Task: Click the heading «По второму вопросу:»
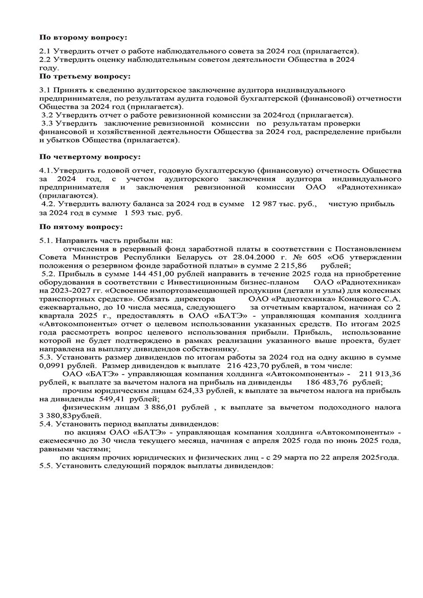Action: [83, 37]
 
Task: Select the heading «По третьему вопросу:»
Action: [85, 76]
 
